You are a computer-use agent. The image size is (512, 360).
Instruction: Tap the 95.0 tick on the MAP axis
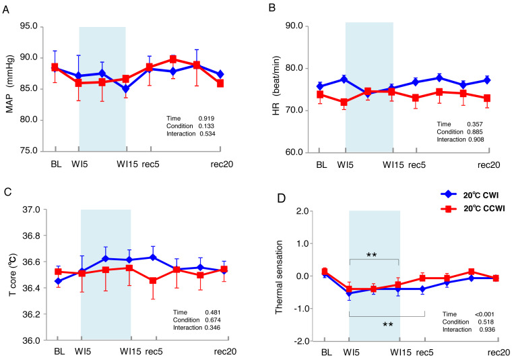coord(33,27)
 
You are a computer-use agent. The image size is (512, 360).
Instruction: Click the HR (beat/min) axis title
coord(276,88)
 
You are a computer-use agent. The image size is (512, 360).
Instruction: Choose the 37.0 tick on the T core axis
coord(33,210)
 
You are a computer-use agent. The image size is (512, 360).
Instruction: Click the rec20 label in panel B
coord(489,165)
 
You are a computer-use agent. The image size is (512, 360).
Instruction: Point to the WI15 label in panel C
coord(130,352)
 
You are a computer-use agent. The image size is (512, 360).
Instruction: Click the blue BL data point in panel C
coord(57,280)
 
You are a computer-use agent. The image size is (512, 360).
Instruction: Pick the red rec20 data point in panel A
coord(220,84)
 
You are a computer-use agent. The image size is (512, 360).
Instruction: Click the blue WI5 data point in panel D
coord(350,293)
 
